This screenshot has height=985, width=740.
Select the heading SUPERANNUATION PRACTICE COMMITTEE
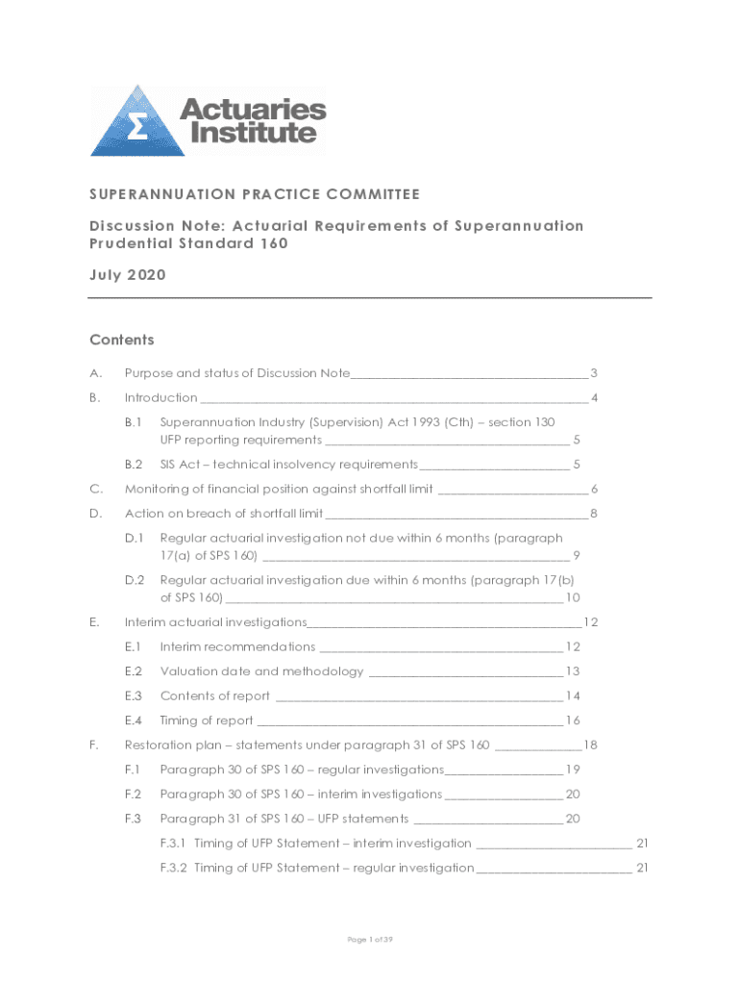[x=255, y=194]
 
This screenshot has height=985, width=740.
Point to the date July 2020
[x=128, y=275]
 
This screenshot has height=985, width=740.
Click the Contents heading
[x=122, y=340]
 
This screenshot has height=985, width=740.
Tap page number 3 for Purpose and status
[x=594, y=373]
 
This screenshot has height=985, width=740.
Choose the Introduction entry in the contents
[x=161, y=397]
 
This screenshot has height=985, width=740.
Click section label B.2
[x=134, y=465]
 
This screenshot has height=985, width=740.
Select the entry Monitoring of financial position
[x=279, y=489]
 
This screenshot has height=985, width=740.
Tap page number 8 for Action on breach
[x=594, y=514]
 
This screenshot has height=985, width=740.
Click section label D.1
[x=134, y=538]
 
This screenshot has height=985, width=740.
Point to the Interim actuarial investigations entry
[x=216, y=622]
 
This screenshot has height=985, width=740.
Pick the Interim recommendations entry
[x=237, y=646]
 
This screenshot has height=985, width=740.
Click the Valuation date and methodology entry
[x=261, y=671]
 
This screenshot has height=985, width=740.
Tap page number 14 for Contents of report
[x=573, y=696]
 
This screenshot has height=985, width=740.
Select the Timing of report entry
[x=207, y=720]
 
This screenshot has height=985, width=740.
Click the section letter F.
[x=93, y=745]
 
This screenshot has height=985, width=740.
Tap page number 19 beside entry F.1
[x=573, y=770]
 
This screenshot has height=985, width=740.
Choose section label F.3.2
[x=175, y=868]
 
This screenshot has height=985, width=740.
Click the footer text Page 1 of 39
[x=370, y=940]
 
